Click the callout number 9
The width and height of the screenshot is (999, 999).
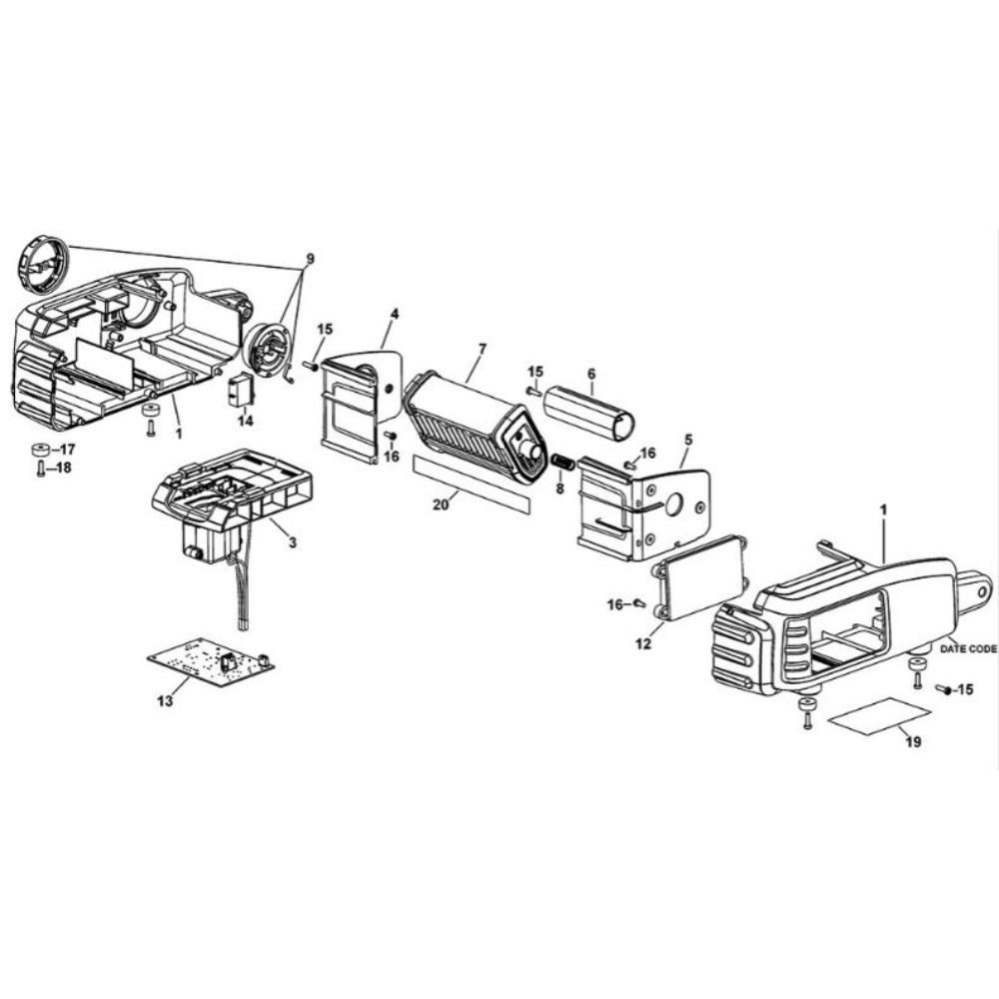click(x=309, y=260)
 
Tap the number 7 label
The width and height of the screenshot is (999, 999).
click(x=482, y=348)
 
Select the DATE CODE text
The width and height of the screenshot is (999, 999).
click(x=968, y=649)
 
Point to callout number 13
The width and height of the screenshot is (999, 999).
click(x=165, y=701)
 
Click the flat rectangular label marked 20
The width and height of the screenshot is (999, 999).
click(x=474, y=483)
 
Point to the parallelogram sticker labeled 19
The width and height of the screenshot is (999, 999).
click(x=879, y=715)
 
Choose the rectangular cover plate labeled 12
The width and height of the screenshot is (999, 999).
click(x=699, y=578)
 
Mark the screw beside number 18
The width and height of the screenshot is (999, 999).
click(x=40, y=469)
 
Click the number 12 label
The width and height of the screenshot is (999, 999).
click(x=642, y=643)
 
